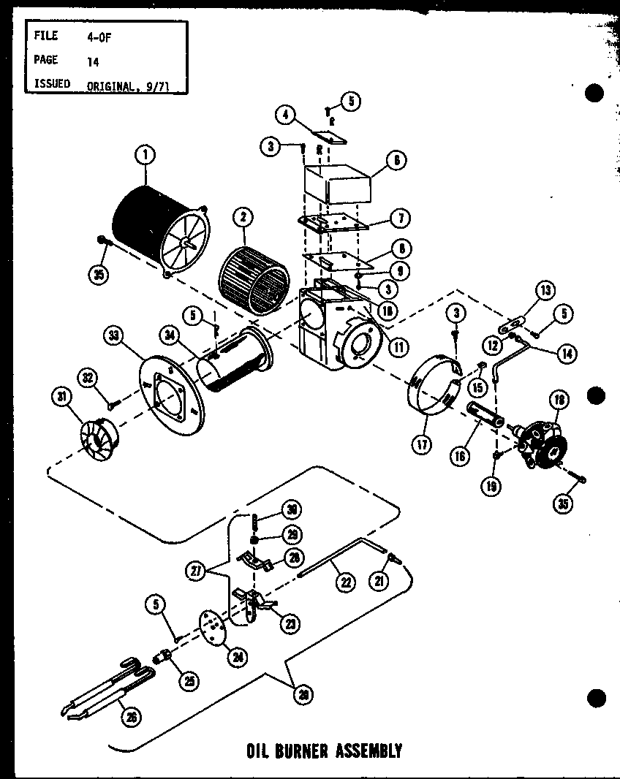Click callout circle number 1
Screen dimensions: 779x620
pos(145,154)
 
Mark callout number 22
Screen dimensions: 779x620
pos(344,582)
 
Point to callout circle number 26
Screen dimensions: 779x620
pos(132,717)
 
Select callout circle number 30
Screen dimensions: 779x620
pos(292,510)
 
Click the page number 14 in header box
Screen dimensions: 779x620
pos(93,62)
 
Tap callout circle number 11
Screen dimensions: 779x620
pos(398,349)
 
